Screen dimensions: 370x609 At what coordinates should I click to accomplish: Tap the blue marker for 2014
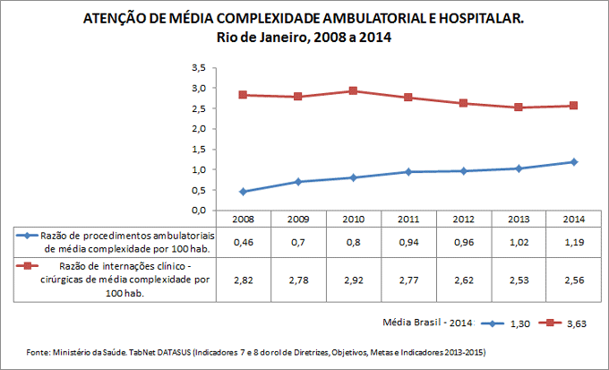574,162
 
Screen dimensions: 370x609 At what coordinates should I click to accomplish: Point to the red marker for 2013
519,108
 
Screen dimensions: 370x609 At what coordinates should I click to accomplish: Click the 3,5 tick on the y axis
199,68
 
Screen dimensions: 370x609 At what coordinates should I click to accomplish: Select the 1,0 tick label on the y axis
199,169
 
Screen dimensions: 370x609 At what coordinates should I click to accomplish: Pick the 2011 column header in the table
408,218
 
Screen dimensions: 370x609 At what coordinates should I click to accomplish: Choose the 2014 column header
574,218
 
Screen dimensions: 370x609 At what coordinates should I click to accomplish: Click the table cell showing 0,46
243,242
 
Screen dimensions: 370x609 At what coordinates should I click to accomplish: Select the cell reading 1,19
574,242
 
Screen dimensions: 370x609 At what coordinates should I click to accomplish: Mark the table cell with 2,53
519,281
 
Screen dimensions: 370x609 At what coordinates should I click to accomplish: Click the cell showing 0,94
408,242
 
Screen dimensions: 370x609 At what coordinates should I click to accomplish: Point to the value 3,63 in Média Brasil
576,323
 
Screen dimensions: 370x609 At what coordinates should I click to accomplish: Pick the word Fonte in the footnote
40,353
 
